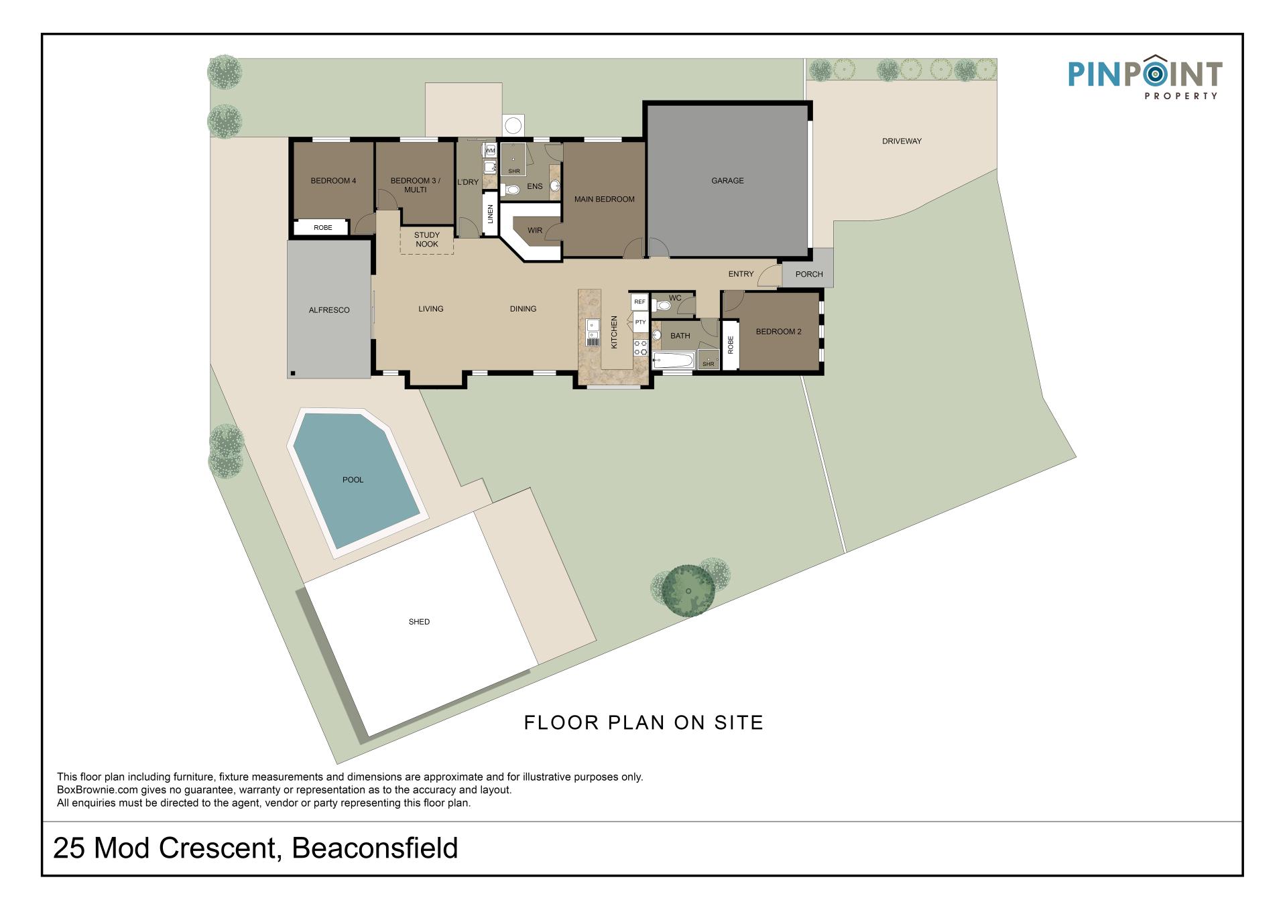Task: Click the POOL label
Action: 353,480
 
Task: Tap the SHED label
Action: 419,622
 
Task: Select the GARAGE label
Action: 727,181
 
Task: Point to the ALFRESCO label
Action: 329,310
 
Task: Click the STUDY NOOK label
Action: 427,240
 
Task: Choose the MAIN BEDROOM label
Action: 604,200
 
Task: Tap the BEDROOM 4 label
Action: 333,181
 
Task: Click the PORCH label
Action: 809,274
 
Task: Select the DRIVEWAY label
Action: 902,141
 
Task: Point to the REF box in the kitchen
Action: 640,302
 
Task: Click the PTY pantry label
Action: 641,322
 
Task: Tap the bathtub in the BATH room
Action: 673,361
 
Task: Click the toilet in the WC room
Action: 662,306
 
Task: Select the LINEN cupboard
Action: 491,214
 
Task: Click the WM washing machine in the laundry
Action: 490,151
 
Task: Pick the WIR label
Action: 534,231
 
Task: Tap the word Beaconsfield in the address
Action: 375,848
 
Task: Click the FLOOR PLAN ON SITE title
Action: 643,723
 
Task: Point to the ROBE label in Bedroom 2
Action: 731,345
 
